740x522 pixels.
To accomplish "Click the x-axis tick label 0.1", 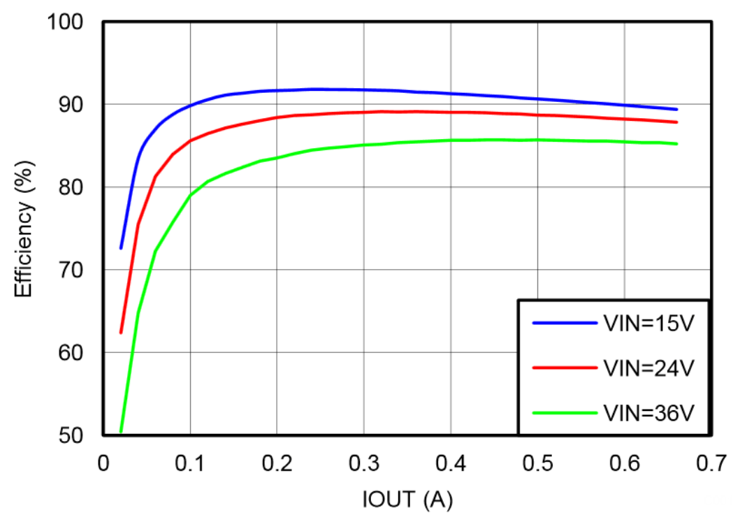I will point(190,464).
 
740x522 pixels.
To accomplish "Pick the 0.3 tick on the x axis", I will point(364,464).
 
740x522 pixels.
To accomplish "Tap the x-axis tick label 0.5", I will point(537,464).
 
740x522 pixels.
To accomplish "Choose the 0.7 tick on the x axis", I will point(711,464).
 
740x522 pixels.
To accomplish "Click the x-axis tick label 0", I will point(103,464).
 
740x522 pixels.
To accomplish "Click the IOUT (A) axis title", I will point(408,501).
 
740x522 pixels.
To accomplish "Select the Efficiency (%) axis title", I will point(24,229).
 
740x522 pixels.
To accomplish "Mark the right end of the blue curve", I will point(676,109).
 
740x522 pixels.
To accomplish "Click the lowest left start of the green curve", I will point(121,432).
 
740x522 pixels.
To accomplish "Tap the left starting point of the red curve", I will point(121,333).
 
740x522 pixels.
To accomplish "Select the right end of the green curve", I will point(676,144).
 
